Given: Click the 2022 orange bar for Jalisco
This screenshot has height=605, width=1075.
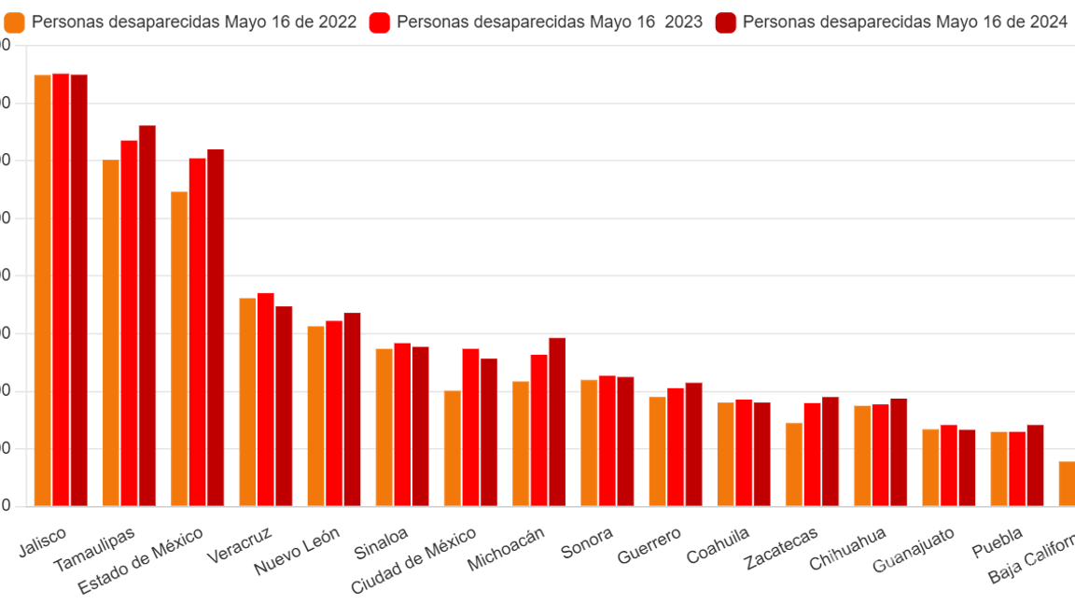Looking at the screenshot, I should coord(42,289).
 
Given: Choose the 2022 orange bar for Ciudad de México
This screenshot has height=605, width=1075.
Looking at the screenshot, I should coord(452,447).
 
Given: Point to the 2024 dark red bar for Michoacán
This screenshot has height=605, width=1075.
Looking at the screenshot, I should coord(557,421).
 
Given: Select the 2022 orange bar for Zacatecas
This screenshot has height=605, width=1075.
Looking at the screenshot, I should coord(793,464).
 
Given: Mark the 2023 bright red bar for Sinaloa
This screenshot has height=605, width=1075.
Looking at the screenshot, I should coord(402,424).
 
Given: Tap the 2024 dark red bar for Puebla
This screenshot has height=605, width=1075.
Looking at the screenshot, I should coord(1035,465).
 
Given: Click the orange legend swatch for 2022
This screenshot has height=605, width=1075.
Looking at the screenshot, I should coord(15,22).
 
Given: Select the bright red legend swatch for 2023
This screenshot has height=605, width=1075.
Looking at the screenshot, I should coord(380,22).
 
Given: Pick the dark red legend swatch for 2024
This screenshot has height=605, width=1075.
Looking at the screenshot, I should coord(725,22).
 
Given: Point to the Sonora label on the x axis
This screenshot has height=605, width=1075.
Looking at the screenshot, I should coord(587,542).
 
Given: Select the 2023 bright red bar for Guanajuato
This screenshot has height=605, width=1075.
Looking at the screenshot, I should coord(948,465).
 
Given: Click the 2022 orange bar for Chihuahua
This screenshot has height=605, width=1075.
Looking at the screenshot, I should coord(861,456).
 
